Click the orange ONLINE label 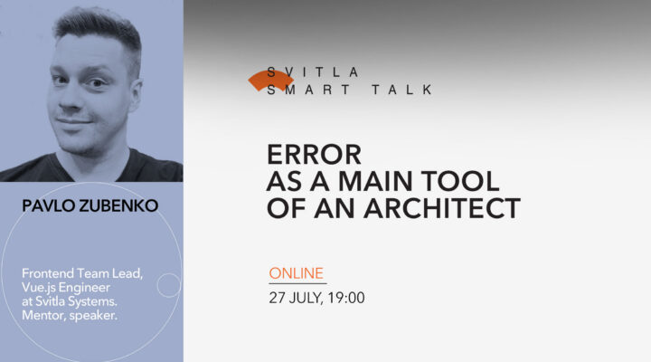[x=297, y=273]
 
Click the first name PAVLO [x=49, y=206]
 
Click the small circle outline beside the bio [x=168, y=285]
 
